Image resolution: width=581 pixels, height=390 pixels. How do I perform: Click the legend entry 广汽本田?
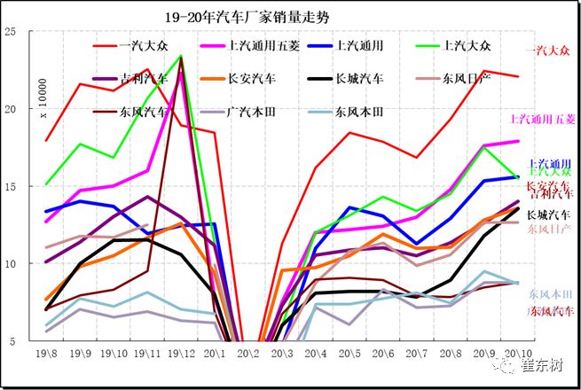point(252,113)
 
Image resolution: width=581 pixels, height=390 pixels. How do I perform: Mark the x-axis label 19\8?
point(46,354)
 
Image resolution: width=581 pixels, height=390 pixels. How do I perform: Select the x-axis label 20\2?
point(248,354)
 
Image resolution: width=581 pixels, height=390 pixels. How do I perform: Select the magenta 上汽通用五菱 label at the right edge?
point(543,119)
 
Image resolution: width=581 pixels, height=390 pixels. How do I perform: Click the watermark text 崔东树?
point(548,365)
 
